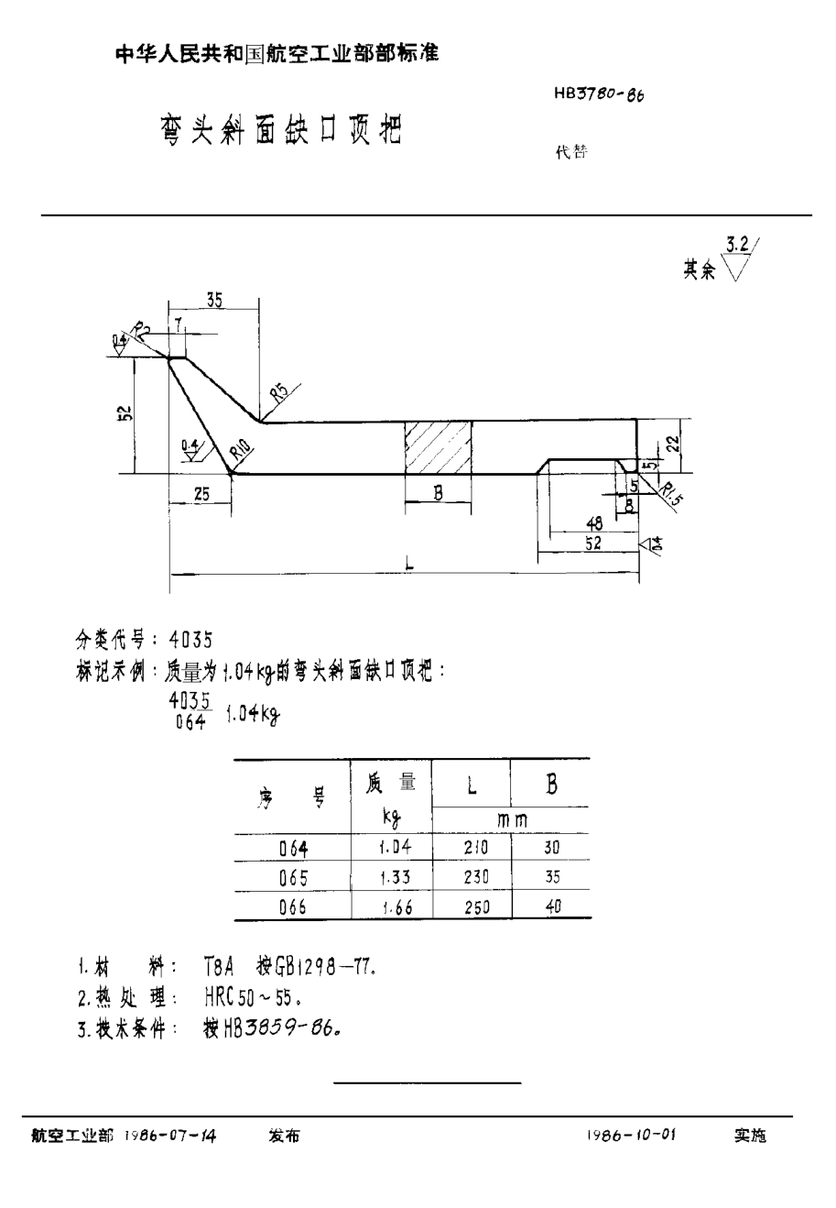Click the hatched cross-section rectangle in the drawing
pos(439,448)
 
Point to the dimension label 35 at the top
pos(213,299)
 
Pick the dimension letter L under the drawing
pos(408,566)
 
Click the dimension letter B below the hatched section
pos(438,493)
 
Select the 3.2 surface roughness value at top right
pos(737,244)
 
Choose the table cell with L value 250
pos(476,906)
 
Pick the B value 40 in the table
pos(551,906)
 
